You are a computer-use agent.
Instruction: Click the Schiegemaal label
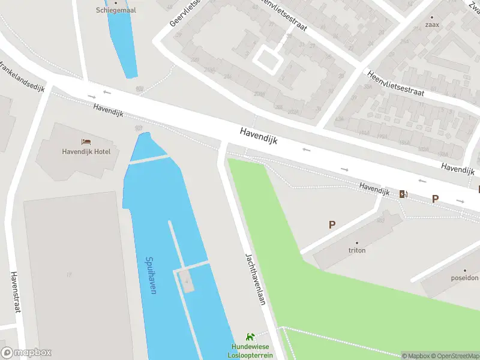coord(115,10)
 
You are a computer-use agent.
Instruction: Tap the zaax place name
coord(432,25)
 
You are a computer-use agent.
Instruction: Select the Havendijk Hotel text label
coord(86,151)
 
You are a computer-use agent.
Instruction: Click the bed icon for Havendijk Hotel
coord(86,142)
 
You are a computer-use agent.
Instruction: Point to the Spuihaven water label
coord(151,275)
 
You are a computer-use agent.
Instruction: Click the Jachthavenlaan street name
coord(254,279)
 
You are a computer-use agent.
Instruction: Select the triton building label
coord(356,250)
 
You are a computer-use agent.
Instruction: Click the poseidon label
coord(465,278)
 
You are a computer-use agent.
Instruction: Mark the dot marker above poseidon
coord(465,270)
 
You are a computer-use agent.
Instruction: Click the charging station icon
coord(403,193)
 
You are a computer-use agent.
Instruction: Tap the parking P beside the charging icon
coord(435,199)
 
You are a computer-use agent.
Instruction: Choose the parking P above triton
coord(331,224)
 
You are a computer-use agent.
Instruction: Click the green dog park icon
coord(250,338)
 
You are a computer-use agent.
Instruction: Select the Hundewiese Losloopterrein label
coord(250,351)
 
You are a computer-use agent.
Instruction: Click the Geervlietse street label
coord(183,13)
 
